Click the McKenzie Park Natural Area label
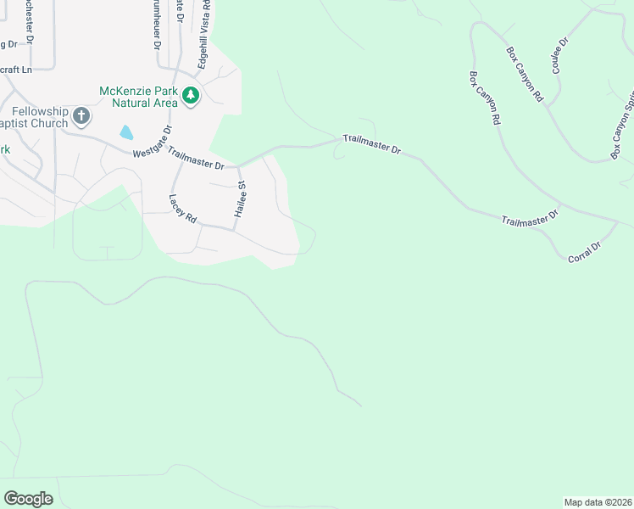[139, 97]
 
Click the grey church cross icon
[81, 115]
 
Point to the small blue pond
[126, 131]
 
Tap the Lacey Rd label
[182, 209]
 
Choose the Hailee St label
[241, 201]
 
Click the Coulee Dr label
[560, 55]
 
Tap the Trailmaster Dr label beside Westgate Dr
[196, 159]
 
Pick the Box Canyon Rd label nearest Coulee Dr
[525, 75]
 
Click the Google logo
[28, 499]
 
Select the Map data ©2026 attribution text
[598, 501]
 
